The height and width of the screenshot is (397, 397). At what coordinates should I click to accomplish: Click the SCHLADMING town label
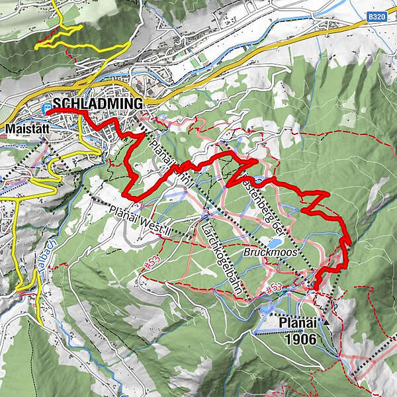[99, 104]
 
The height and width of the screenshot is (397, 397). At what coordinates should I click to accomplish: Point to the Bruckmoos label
[283, 252]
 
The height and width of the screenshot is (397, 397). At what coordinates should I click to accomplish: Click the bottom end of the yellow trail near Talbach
[42, 324]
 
